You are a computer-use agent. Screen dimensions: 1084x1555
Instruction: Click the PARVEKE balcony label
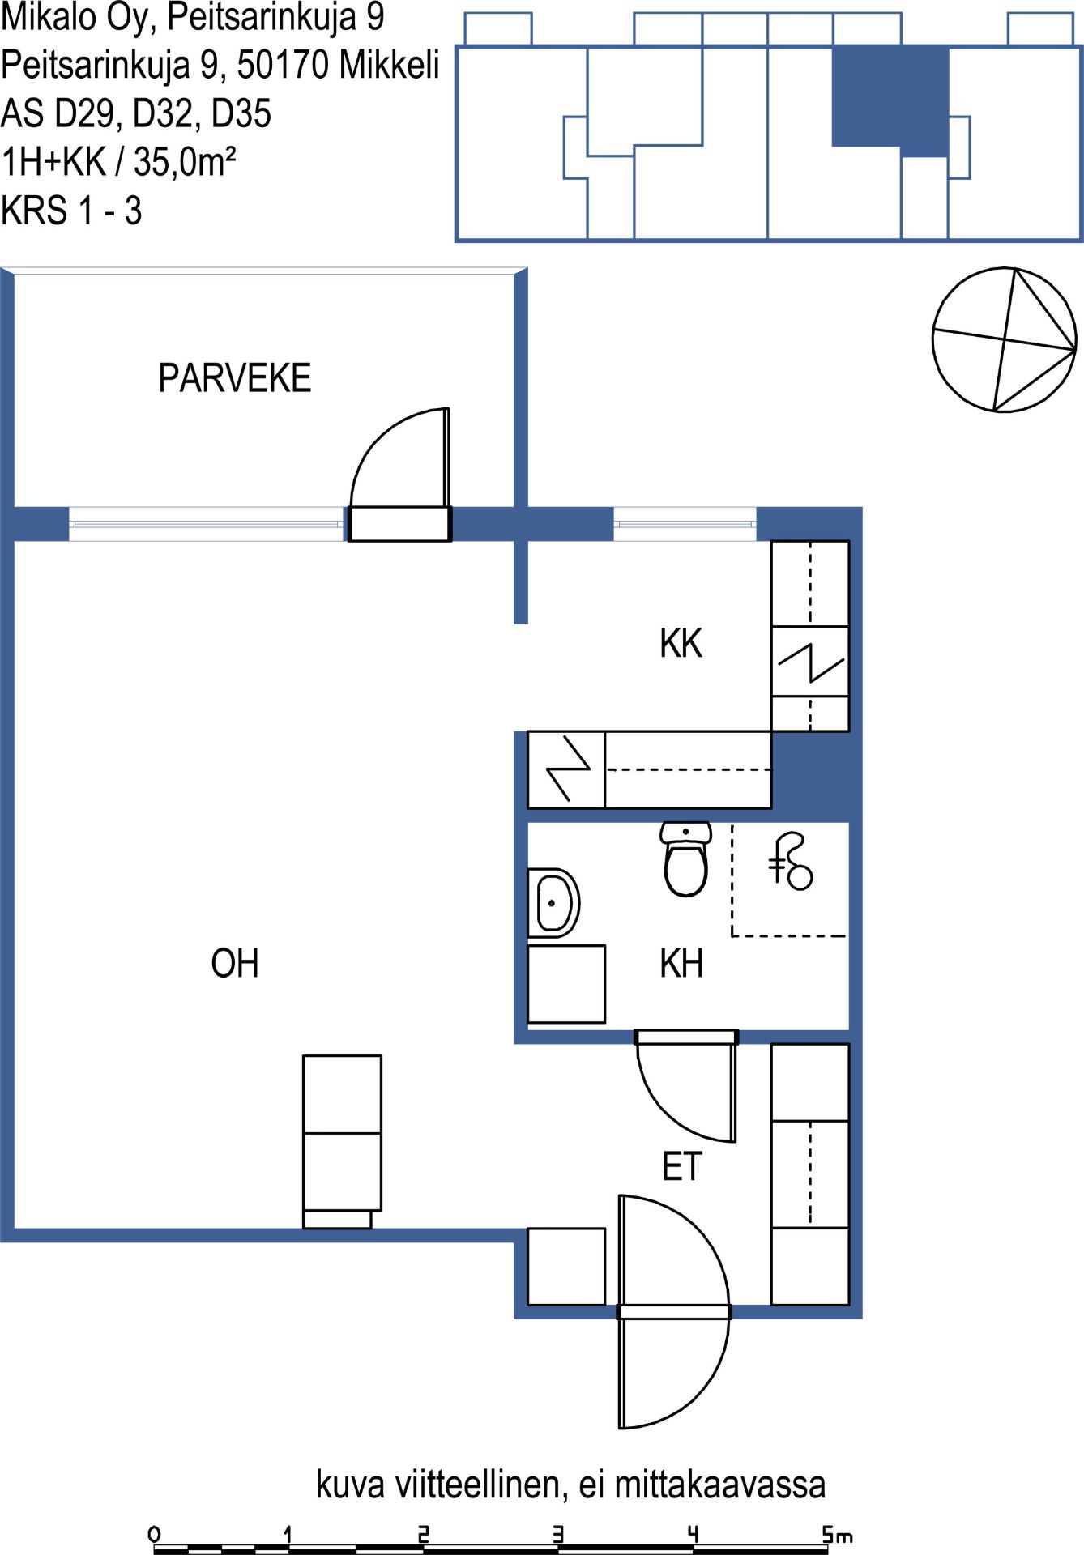(234, 378)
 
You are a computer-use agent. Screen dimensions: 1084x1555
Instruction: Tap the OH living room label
(235, 964)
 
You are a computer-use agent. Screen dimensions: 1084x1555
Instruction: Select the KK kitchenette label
(681, 644)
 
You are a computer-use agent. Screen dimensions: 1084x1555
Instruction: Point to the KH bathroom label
(681, 964)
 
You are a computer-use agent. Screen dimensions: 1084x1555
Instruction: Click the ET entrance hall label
(681, 1167)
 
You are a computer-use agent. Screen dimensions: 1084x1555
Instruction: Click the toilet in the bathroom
(686, 859)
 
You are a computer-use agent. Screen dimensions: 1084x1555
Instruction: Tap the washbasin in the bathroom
(553, 903)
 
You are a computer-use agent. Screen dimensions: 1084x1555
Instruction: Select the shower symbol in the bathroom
(790, 862)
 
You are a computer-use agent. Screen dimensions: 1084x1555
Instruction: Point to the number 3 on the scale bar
(557, 1533)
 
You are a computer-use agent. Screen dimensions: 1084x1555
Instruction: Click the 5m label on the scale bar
(838, 1533)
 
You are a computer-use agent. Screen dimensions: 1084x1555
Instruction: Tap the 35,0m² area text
(185, 162)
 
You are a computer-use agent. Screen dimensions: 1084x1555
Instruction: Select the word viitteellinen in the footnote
(481, 1485)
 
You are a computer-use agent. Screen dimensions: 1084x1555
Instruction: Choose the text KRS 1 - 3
(71, 211)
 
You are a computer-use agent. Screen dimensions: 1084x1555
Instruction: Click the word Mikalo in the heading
(49, 18)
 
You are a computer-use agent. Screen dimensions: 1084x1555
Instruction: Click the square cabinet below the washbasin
(566, 984)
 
